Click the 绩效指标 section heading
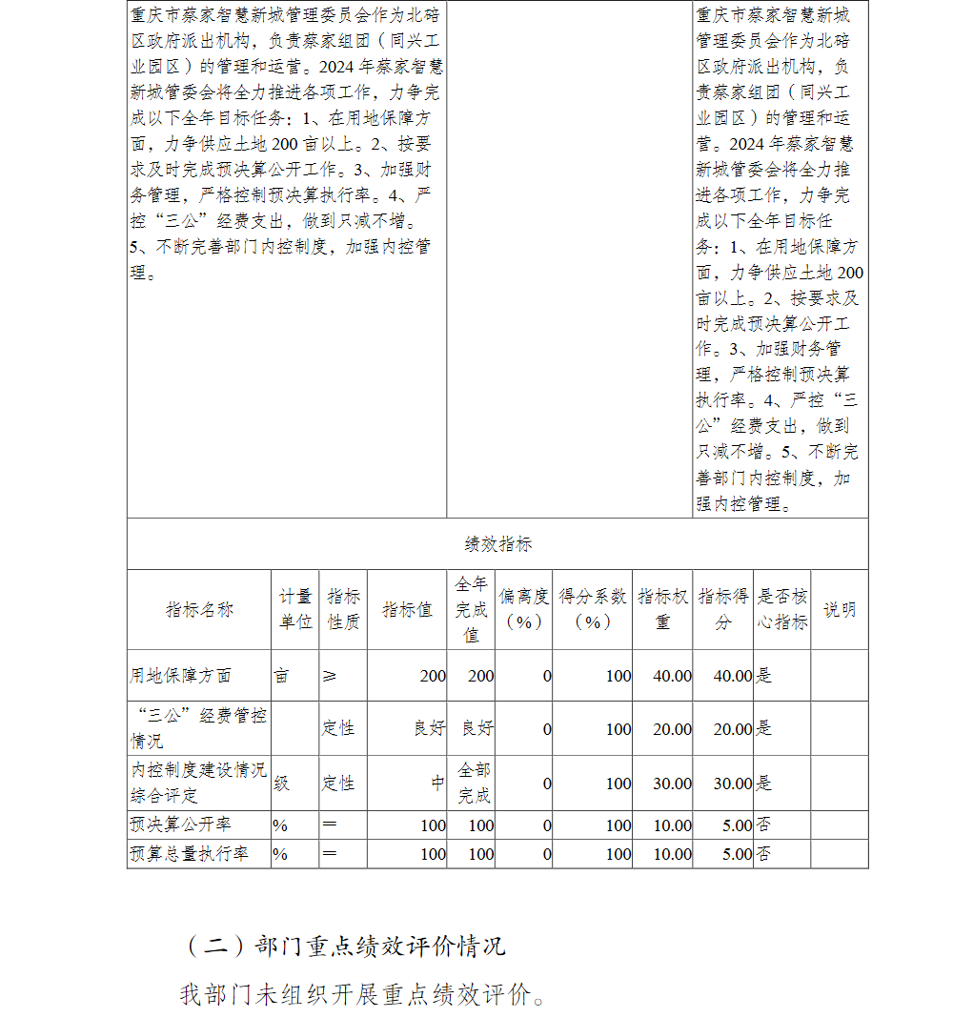click(497, 544)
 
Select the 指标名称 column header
click(199, 610)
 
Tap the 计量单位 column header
click(294, 609)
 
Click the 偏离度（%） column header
click(523, 609)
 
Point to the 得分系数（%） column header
click(592, 609)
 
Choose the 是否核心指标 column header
click(782, 609)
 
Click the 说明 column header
click(839, 610)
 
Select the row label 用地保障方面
click(181, 676)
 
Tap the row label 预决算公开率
click(181, 825)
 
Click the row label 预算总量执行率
click(189, 854)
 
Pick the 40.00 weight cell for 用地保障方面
click(673, 676)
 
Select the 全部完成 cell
click(475, 783)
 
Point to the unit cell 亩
click(281, 676)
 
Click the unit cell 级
click(282, 784)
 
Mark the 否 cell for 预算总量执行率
click(763, 854)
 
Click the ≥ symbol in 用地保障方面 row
click(330, 676)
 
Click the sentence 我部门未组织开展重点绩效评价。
click(363, 994)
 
